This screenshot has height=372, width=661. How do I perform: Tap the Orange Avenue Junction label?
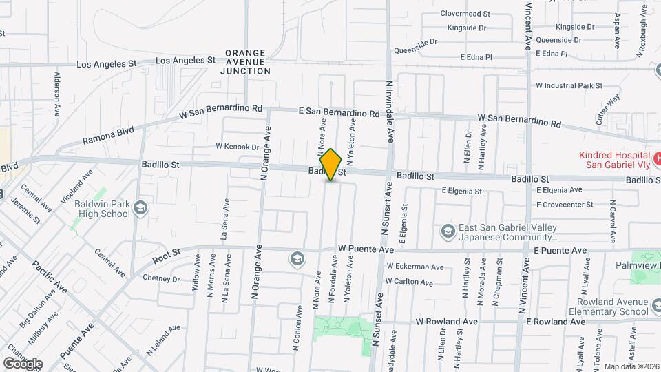pos(246,62)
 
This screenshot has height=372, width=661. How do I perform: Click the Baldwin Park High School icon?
pos(140,207)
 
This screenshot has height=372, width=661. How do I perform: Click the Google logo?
pos(23,364)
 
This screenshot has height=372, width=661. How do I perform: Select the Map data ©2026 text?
pos(631,366)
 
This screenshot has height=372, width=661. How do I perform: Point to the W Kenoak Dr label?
pos(237,146)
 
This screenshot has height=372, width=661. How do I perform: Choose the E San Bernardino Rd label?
pos(339,112)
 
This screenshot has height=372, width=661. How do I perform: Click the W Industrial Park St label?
pos(569,86)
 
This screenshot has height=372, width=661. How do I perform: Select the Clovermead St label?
pos(465,13)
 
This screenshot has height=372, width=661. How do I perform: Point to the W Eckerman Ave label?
pos(415,267)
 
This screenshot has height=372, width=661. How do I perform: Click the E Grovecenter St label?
pos(565,205)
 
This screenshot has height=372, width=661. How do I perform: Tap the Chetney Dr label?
pos(160,279)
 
